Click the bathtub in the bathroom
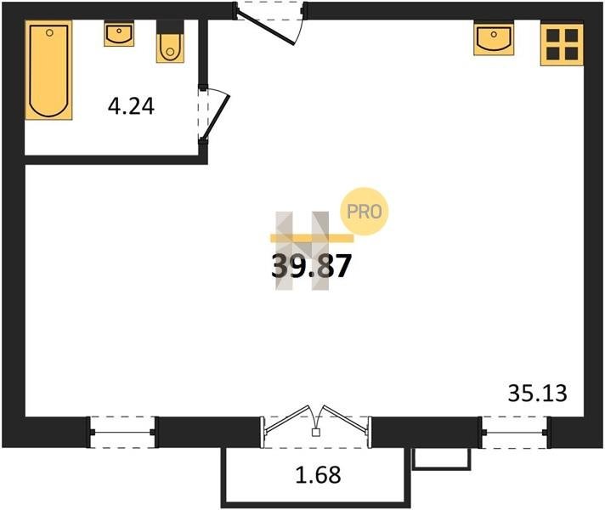coord(48,70)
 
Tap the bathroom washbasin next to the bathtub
coord(119,34)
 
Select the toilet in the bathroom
coord(170,42)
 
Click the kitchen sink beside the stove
coord(494,38)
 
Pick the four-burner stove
coord(562,44)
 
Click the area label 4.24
coord(131,106)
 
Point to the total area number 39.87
coord(311,266)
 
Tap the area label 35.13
coord(538,394)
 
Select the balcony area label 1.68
coord(319,475)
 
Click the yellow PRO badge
coord(364,211)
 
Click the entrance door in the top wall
coord(270,23)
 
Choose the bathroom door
coord(213,114)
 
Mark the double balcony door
coord(315,427)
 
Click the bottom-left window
coord(122,432)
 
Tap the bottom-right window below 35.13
coord(514,433)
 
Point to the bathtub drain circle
coord(49,33)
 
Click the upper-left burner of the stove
coord(553,36)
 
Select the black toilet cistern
coord(170,26)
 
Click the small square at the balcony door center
coord(315,433)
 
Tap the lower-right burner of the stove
coord(571,54)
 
